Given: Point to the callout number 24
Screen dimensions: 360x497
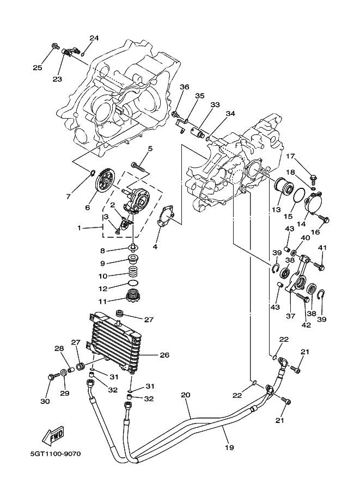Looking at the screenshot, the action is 94,38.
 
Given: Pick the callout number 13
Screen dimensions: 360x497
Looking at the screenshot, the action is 276,210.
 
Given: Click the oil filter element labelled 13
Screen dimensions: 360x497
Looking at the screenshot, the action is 283,187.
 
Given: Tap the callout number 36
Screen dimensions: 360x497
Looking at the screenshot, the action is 185,87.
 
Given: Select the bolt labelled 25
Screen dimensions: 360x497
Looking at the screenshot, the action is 55,47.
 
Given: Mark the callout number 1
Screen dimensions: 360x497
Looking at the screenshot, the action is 81,228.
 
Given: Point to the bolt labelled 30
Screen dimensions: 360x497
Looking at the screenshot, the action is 53,377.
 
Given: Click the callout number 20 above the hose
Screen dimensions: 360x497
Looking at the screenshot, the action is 186,395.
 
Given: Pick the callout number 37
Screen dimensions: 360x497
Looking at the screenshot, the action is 290,316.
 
